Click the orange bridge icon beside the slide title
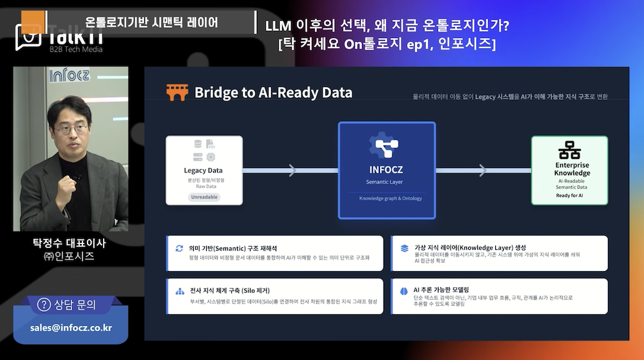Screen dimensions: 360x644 tap(176, 93)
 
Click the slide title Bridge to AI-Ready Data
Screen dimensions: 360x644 tap(273, 93)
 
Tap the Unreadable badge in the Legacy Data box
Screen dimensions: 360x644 tap(204, 196)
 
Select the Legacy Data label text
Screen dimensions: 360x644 tap(204, 171)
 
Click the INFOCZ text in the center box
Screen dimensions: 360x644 tap(386, 171)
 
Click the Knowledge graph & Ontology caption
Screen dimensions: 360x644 tap(386, 198)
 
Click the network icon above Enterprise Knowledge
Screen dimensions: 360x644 tap(569, 150)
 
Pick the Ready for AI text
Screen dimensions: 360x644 tap(569, 195)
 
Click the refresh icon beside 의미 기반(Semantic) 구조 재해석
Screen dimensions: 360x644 tap(179, 248)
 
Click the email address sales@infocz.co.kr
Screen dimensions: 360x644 tap(71, 328)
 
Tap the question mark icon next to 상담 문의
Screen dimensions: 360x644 tap(44, 305)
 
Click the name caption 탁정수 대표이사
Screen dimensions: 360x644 tap(69, 243)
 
